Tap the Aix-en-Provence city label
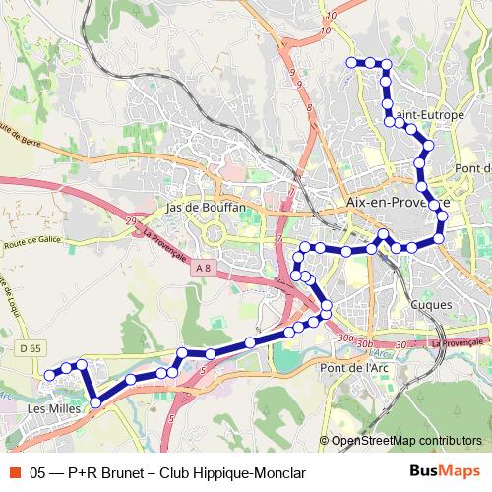point(398,202)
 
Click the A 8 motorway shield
point(202,268)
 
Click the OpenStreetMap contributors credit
point(406,441)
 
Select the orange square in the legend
point(14,472)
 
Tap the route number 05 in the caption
point(39,472)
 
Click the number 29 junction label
point(131,225)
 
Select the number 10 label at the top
point(329,16)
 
